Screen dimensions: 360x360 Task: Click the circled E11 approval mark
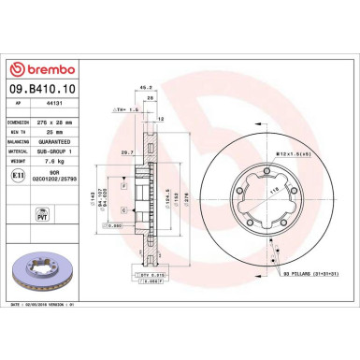point(17,174)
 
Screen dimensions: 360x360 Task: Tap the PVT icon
point(18,194)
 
